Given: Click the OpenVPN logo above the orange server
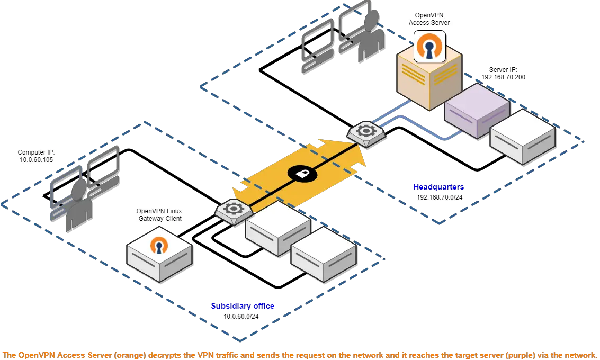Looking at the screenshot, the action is [x=429, y=46].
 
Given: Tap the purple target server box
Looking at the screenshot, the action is [x=477, y=110].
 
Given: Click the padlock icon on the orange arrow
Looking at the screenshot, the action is [x=302, y=174].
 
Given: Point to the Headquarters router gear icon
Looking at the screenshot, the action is [x=366, y=131].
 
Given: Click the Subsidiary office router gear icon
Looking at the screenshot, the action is [x=233, y=209].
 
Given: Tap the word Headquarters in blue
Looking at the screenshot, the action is [x=438, y=187].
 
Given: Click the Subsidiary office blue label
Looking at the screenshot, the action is [x=243, y=305].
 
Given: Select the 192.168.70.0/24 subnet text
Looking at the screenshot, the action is [x=440, y=197].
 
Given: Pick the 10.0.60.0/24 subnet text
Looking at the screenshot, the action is [x=241, y=317].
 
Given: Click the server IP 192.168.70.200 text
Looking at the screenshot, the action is [x=503, y=74].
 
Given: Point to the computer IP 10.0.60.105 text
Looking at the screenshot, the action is [x=37, y=156].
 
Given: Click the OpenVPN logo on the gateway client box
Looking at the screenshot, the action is [x=159, y=245].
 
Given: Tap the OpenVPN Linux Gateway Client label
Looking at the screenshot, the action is [x=159, y=214].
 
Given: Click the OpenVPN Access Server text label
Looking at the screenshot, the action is [x=429, y=19].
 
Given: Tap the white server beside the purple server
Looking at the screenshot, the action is [x=523, y=137].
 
